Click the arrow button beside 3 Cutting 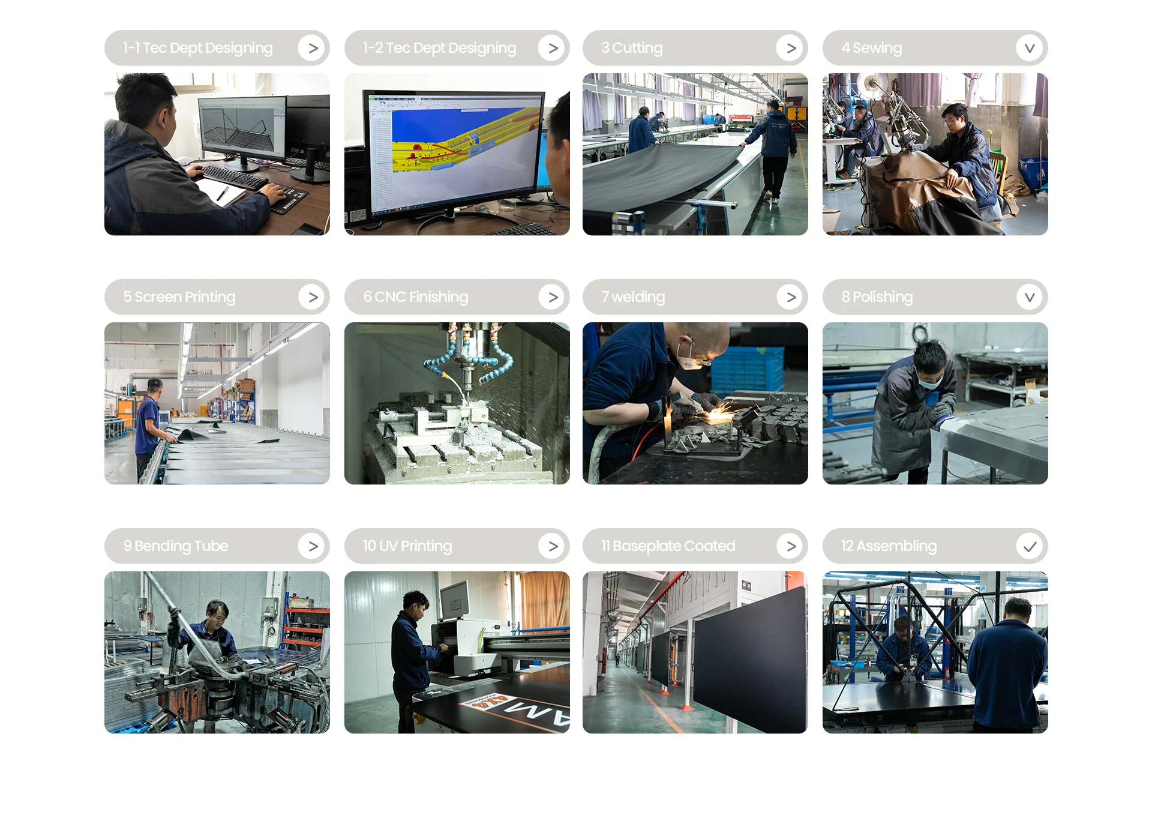[791, 48]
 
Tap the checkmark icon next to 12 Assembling [1030, 546]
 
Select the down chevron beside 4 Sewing [1030, 48]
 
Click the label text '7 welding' [633, 297]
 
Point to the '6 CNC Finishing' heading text [415, 297]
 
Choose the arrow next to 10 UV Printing [553, 546]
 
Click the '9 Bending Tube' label [176, 546]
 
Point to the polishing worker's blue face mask [929, 381]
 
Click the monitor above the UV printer [454, 600]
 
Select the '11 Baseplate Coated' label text [668, 546]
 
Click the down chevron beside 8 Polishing [1030, 297]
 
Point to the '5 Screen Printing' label [179, 297]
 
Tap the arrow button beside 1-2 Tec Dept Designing [553, 48]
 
